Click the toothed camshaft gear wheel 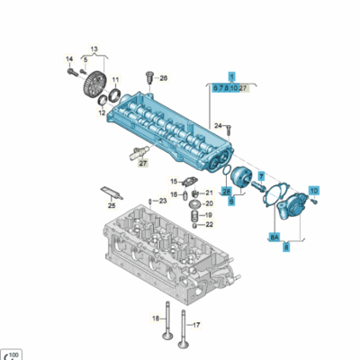click(92, 92)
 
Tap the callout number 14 click(67, 59)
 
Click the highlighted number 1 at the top click(230, 77)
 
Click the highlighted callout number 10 click(313, 191)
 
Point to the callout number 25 click(112, 206)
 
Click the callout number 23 click(163, 202)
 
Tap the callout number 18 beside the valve click(155, 318)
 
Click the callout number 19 click(208, 215)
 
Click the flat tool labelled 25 click(109, 193)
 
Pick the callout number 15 click(175, 181)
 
